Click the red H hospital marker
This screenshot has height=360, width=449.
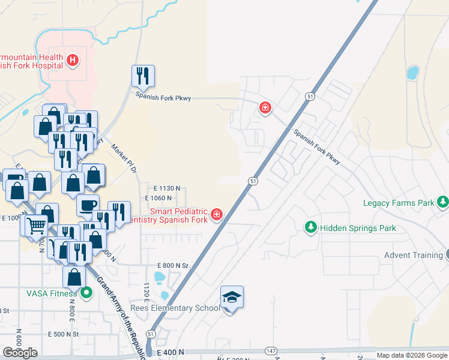pyautogui.click(x=73, y=60)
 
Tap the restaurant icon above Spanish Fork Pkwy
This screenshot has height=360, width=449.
pyautogui.click(x=143, y=76)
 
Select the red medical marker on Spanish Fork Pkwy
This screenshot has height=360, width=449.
pyautogui.click(x=265, y=109)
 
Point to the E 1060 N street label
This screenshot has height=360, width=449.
pyautogui.click(x=159, y=198)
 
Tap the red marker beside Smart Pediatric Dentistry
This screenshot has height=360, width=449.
pyautogui.click(x=216, y=215)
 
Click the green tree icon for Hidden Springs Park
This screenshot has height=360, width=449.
pyautogui.click(x=311, y=228)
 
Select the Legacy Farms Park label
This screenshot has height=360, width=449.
pyautogui.click(x=399, y=203)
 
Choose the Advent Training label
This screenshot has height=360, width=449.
pyautogui.click(x=413, y=255)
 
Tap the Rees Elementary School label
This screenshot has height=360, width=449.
pyautogui.click(x=175, y=308)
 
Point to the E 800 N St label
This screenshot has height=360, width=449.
pyautogui.click(x=173, y=265)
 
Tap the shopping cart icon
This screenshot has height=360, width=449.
pyautogui.click(x=37, y=225)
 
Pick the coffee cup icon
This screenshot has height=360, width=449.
pyautogui.click(x=88, y=205)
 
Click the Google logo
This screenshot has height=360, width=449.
pyautogui.click(x=20, y=353)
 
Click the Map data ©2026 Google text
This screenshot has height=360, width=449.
pyautogui.click(x=411, y=355)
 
